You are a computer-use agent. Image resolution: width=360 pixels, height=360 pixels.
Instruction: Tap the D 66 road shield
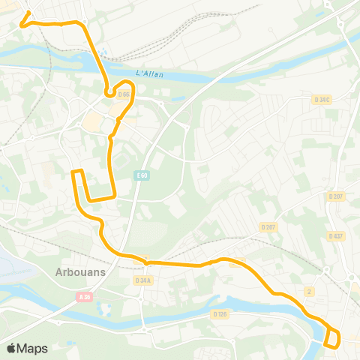point(124,94)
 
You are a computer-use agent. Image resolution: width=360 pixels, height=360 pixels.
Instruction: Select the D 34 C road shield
point(322,99)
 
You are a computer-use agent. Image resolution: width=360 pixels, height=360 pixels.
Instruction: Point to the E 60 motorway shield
point(142,175)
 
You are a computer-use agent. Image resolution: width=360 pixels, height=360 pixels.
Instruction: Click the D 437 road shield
point(335,236)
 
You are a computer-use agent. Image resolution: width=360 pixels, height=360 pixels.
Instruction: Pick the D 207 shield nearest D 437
point(335,196)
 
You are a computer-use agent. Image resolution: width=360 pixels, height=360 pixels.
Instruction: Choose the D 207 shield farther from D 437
point(268,226)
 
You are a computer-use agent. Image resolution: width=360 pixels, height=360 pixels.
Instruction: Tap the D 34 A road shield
point(142,280)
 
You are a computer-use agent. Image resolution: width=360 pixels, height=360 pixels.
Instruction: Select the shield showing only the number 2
point(309,290)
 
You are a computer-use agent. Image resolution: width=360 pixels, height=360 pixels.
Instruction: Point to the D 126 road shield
point(220,314)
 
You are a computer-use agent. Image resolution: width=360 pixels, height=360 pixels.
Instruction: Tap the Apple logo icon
point(12,348)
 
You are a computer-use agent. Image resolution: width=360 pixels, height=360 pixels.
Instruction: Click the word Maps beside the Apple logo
point(33,348)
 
